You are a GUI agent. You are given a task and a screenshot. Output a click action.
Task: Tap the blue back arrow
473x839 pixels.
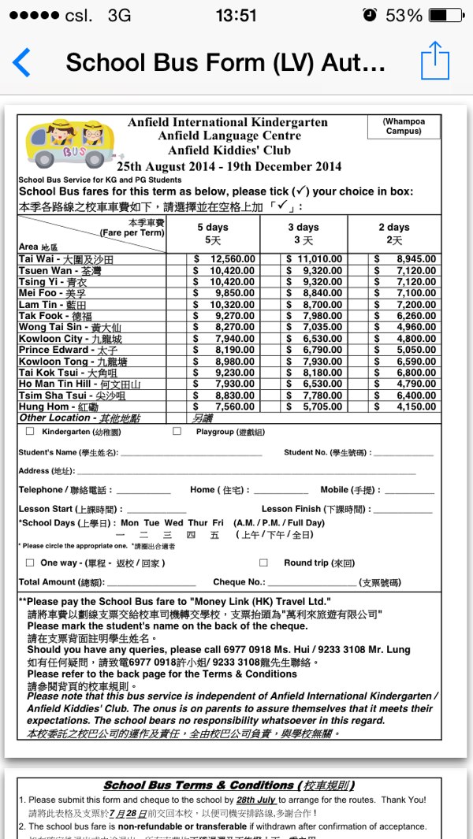[21, 62]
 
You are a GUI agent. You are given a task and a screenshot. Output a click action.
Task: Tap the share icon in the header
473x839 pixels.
[434, 61]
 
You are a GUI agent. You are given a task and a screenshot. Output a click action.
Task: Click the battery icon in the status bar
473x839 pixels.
[446, 15]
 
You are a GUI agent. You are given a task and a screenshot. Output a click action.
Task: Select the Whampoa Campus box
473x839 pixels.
[404, 126]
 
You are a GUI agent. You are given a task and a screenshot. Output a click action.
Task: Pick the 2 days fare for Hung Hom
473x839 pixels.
[405, 407]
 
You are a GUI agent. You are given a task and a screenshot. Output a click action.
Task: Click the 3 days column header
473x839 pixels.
[303, 233]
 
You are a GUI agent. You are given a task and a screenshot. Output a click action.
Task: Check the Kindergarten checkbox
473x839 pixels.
[30, 432]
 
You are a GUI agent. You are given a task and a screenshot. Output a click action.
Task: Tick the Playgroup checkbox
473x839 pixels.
[177, 432]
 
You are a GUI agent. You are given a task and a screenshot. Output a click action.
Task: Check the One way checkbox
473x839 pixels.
[30, 562]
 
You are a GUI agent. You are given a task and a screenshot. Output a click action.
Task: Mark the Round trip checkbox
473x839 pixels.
[264, 562]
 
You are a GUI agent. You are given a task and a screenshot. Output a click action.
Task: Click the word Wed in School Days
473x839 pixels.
[173, 522]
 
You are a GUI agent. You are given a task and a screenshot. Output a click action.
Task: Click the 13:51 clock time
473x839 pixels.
[236, 15]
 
